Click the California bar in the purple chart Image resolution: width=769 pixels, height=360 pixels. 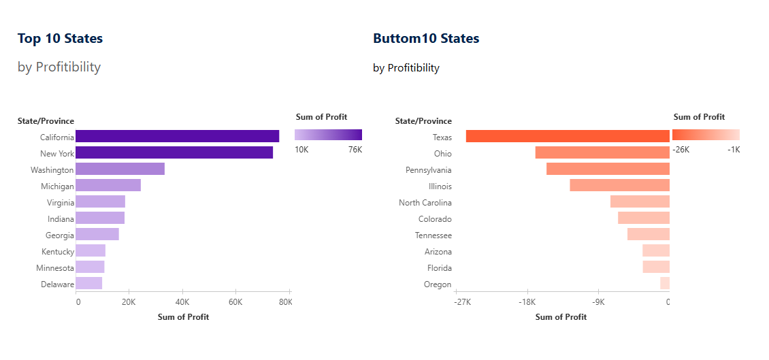(x=177, y=136)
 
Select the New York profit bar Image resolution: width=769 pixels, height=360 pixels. (x=174, y=152)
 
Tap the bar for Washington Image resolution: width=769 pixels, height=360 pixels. (x=120, y=169)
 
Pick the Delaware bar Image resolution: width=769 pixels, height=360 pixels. (x=89, y=283)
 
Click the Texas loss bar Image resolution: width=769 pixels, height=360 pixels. (x=568, y=136)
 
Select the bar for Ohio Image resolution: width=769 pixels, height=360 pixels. (x=602, y=152)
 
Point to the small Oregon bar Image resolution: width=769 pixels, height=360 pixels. (x=665, y=283)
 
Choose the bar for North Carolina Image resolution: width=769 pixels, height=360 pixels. (x=640, y=201)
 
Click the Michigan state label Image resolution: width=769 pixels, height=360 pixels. (x=56, y=186)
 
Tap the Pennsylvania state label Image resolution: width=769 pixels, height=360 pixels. (x=429, y=170)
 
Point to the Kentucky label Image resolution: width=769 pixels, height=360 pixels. (x=57, y=252)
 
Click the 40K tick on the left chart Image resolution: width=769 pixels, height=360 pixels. (x=182, y=302)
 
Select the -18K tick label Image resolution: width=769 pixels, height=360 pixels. (x=527, y=302)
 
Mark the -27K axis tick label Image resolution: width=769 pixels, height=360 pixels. (x=463, y=302)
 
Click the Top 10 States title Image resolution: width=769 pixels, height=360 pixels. (x=60, y=39)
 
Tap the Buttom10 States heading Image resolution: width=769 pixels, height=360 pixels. (x=426, y=39)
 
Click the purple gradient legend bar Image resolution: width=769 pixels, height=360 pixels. (x=328, y=135)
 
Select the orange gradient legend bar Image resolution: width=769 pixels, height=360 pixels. (x=706, y=135)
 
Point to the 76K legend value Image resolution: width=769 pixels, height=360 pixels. (x=355, y=150)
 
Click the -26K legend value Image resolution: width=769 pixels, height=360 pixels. (x=681, y=150)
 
